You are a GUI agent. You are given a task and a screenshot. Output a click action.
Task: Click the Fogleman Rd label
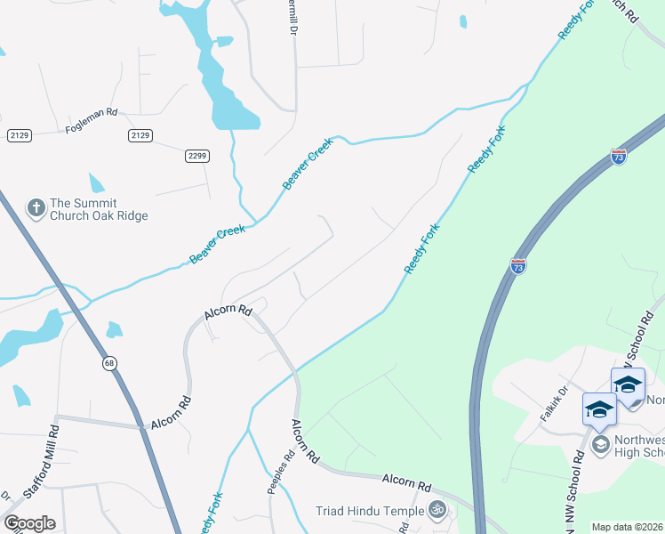(91, 121)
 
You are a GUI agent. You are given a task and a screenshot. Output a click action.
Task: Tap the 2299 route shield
(197, 156)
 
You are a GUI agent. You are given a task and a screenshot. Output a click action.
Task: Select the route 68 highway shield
(109, 362)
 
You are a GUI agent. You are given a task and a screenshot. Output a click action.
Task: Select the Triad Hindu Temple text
(369, 511)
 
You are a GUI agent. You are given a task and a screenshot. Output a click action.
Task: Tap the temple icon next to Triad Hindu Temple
(436, 510)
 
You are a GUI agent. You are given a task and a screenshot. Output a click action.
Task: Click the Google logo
(29, 523)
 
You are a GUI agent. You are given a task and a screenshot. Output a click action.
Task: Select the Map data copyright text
(627, 527)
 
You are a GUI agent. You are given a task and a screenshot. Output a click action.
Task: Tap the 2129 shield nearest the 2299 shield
(140, 135)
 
